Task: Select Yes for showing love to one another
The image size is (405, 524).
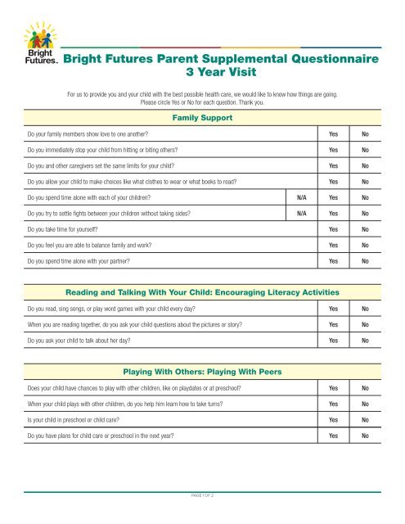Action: [x=333, y=133]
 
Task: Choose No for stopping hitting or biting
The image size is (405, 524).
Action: [x=365, y=150]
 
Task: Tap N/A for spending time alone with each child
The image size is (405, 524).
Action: [x=302, y=197]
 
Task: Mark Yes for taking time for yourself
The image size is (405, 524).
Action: [x=333, y=229]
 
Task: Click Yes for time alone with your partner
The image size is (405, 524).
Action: [x=333, y=261]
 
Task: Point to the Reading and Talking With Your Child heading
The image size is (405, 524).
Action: [x=202, y=292]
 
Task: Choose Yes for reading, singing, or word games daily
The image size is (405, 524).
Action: [x=333, y=309]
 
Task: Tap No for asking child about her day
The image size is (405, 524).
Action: [x=365, y=340]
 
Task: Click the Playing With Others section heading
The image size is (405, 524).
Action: [x=202, y=372]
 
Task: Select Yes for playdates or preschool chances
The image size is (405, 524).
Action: [x=333, y=388]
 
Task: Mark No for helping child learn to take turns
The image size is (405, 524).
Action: [x=365, y=404]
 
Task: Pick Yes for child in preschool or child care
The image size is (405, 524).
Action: [x=333, y=420]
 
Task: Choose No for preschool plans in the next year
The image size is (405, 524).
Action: [x=365, y=436]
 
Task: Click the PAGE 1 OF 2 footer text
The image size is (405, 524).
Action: [x=202, y=495]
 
